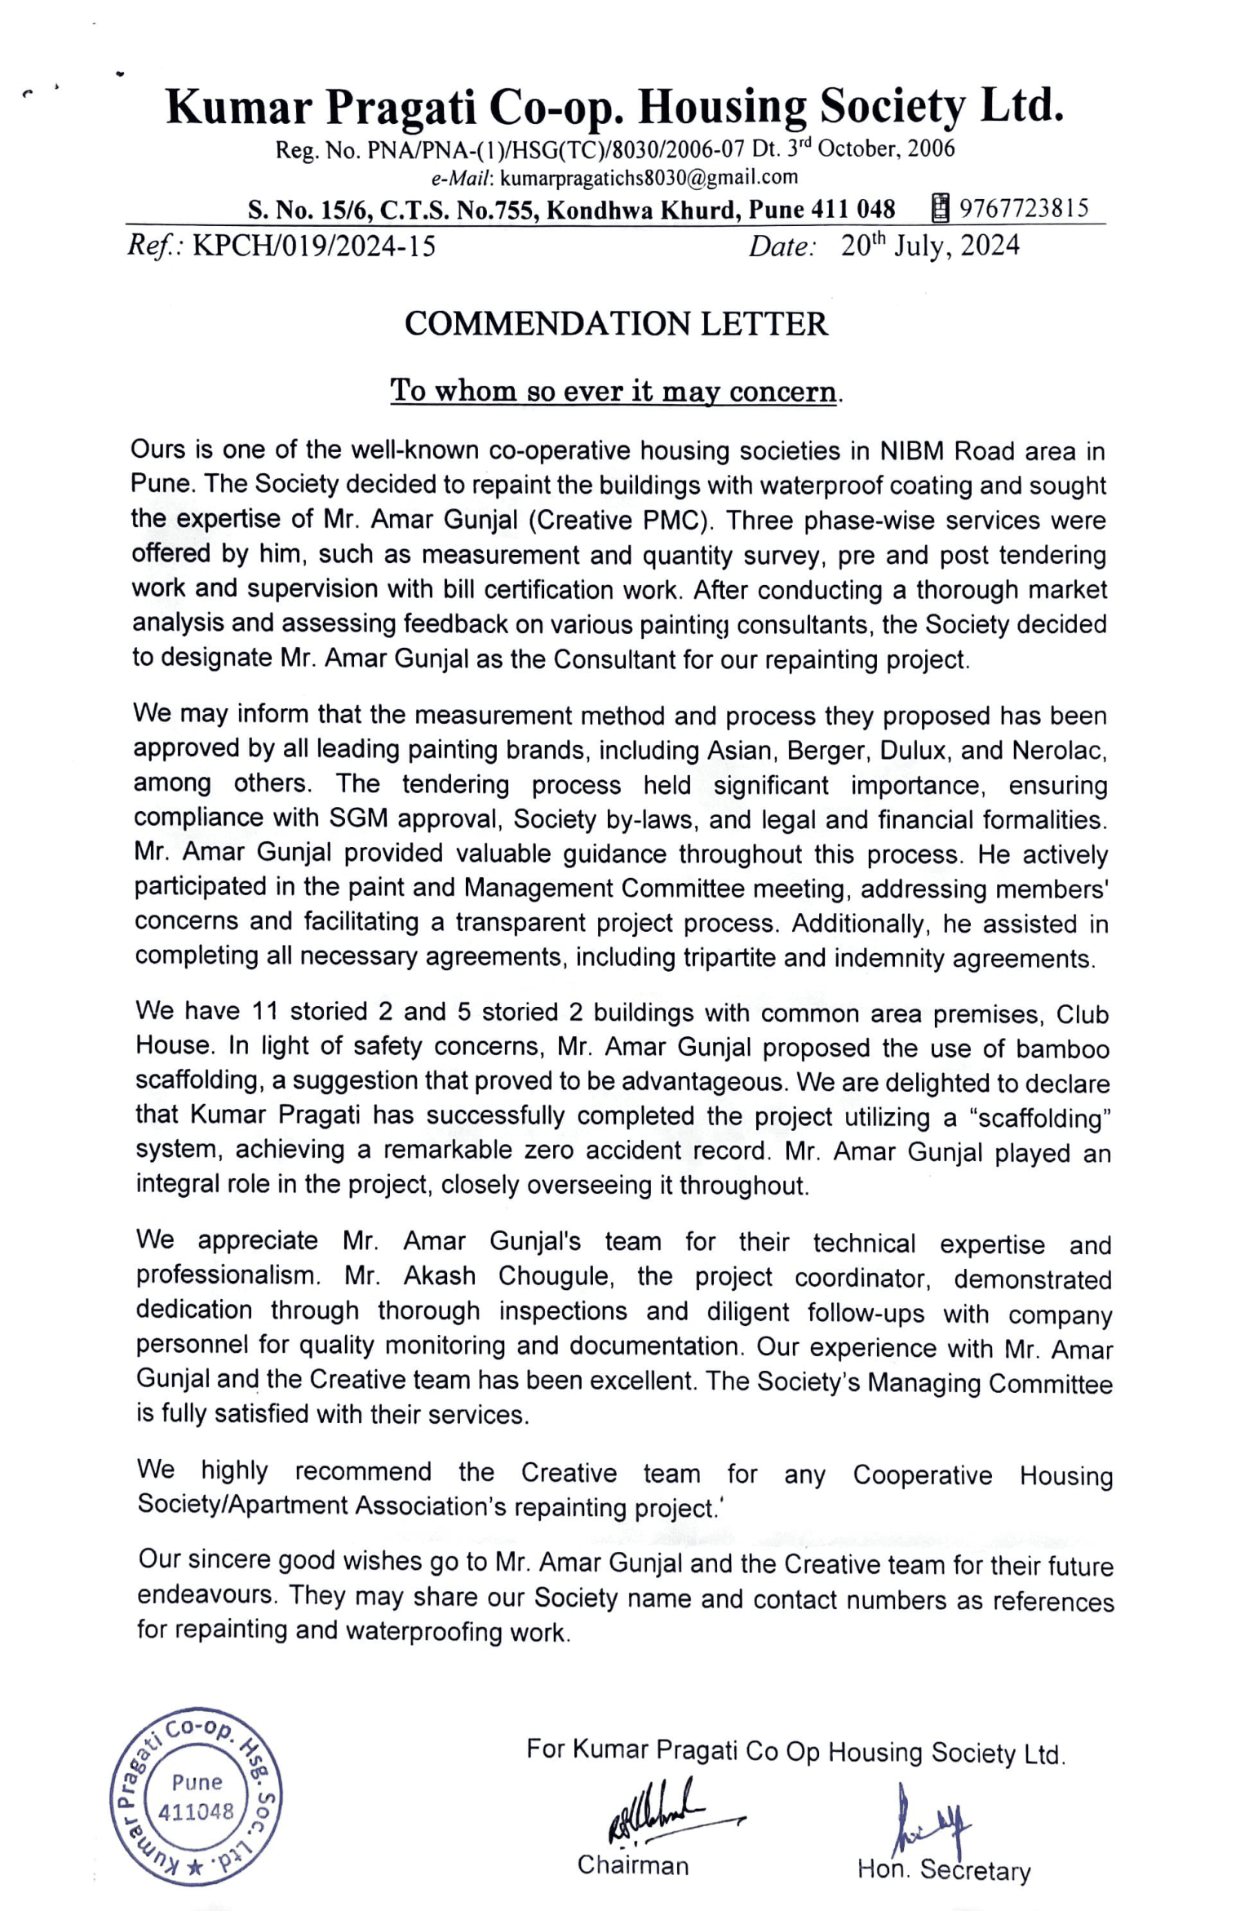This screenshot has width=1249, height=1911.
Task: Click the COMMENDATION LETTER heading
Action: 616,324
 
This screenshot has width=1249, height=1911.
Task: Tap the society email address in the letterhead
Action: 649,177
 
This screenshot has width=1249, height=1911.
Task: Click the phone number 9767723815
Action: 1024,209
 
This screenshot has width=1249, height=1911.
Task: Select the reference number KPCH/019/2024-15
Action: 314,246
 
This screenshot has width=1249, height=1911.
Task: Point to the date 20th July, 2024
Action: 930,246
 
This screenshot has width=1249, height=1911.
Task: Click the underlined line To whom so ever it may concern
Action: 613,391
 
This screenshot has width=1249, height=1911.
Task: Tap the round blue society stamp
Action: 196,1795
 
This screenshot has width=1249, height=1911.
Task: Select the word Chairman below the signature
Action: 633,1865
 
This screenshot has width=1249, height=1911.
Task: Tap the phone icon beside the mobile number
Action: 940,209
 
